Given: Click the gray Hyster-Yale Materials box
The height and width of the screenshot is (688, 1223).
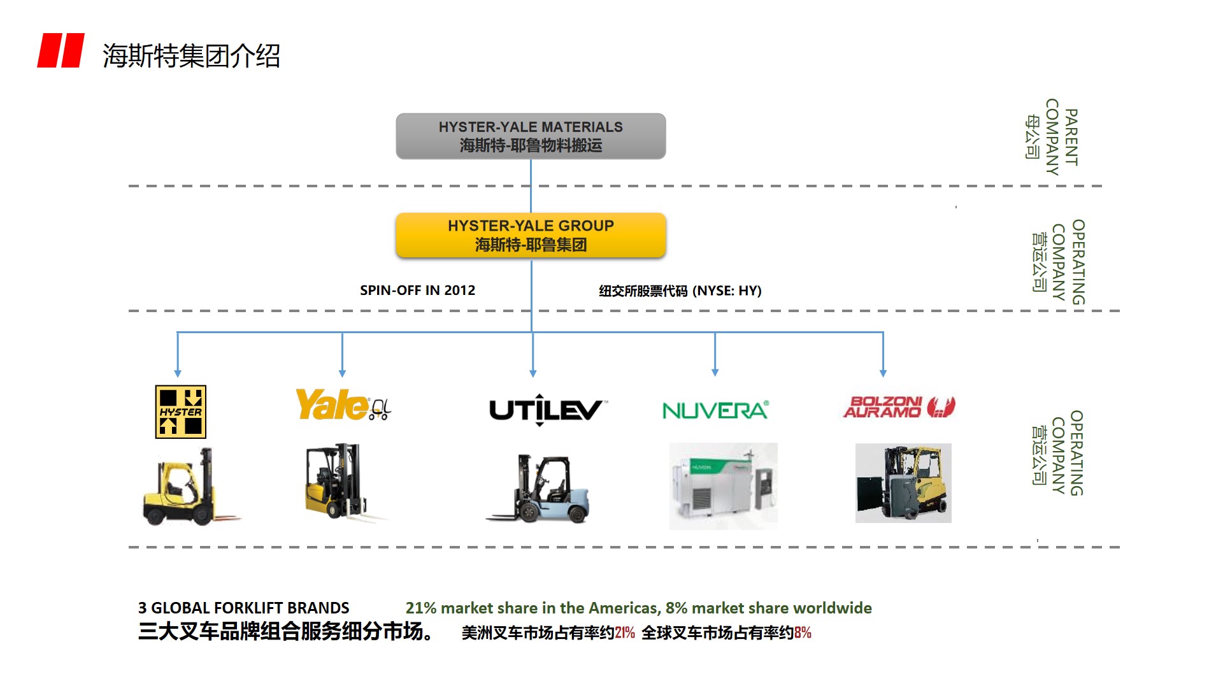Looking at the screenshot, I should [531, 136].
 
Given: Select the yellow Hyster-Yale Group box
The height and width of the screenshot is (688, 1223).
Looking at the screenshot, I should [531, 235].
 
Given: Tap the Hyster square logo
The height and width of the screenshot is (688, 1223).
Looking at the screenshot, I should [181, 412].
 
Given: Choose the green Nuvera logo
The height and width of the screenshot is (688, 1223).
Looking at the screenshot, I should [715, 410].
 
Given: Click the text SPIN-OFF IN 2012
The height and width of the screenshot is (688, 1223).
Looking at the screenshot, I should [417, 290].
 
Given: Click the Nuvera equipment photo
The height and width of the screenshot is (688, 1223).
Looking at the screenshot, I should [723, 486].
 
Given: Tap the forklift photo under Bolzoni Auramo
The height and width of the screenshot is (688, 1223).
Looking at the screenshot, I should [903, 483].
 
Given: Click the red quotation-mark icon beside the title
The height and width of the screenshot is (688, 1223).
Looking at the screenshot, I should [61, 50].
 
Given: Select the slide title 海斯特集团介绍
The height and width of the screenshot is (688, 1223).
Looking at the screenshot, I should [191, 56].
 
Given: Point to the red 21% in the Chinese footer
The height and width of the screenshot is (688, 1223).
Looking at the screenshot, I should [625, 633].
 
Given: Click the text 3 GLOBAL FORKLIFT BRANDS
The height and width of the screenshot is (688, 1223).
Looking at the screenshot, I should [244, 608].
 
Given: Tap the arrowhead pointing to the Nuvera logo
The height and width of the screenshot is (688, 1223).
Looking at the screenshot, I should [715, 372].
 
